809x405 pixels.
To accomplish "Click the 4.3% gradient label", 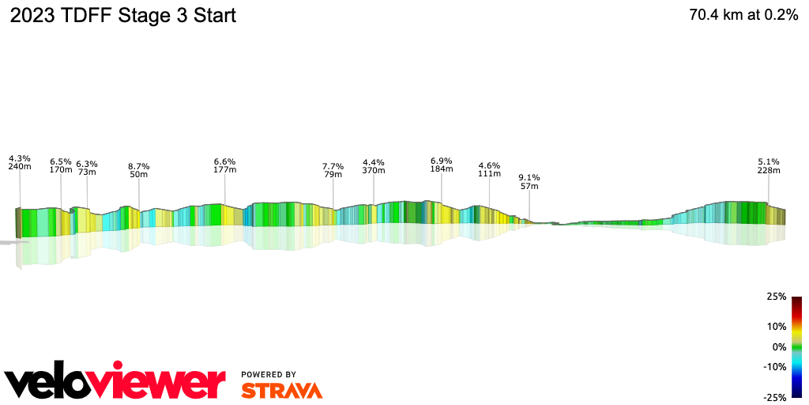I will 20,158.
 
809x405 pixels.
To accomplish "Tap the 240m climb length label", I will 20,167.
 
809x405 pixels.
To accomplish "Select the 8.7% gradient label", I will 139,166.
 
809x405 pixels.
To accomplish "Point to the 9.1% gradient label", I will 529,177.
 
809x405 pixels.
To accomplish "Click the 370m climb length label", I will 374,170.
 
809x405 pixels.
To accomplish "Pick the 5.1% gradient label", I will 769,161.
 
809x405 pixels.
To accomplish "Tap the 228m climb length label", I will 769,170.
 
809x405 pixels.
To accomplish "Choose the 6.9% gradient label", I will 442,161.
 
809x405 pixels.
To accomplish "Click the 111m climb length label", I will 490,174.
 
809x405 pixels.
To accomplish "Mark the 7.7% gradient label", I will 333,166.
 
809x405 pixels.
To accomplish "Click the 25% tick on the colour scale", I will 777,297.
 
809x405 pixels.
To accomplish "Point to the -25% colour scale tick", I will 775,397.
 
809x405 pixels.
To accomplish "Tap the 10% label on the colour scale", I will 777,326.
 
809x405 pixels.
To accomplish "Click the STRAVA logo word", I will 281,390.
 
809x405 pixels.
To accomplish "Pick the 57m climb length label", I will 529,186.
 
